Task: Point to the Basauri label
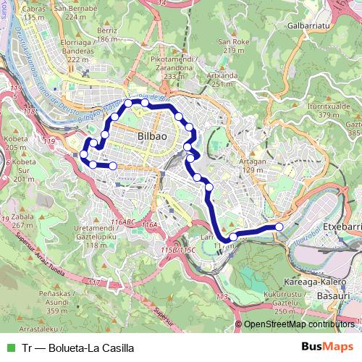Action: [x=334, y=295]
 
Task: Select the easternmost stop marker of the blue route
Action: [x=279, y=227]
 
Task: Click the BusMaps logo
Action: [x=327, y=348]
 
